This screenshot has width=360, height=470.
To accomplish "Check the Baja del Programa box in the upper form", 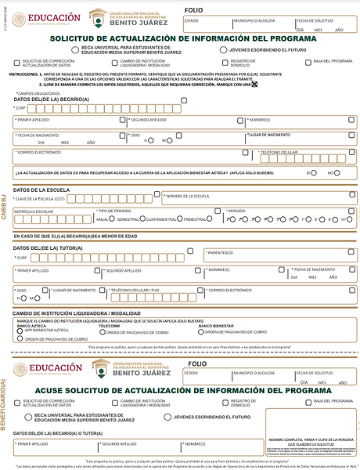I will pos(306,61).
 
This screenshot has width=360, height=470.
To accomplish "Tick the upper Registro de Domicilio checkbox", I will pos(225,61).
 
